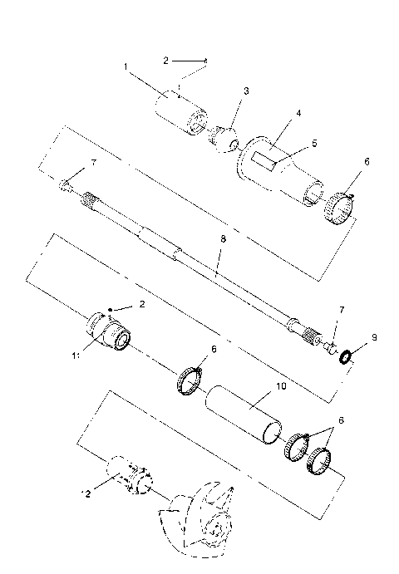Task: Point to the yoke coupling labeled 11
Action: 110,333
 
